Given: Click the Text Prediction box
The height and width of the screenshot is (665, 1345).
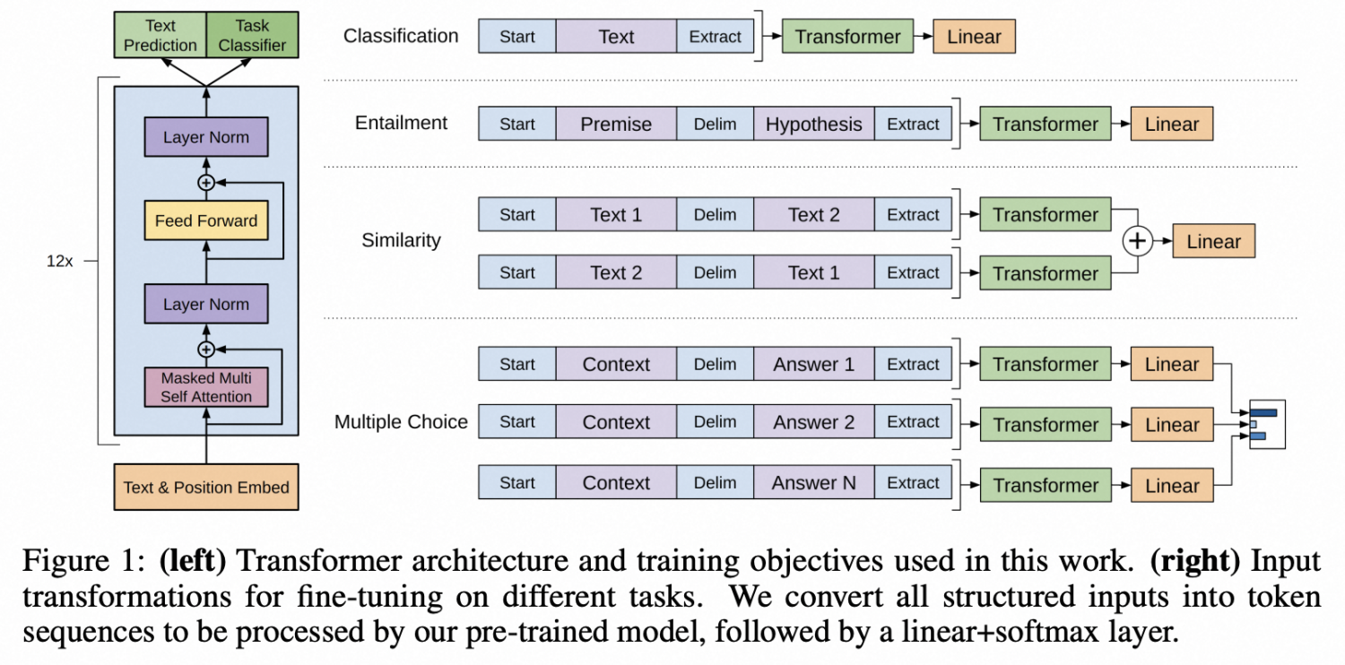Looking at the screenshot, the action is [x=161, y=35].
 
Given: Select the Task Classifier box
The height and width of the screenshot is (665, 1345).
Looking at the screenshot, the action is [x=252, y=35].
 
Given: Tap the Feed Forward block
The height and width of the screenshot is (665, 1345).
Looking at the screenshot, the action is [x=206, y=220].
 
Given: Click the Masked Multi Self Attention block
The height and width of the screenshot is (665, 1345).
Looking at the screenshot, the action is [x=206, y=387].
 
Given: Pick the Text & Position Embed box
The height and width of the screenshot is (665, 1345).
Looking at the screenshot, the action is [x=206, y=487].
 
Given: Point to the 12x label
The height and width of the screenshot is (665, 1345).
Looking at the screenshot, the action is [x=59, y=261].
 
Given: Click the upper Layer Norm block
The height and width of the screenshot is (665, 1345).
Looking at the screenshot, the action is [x=206, y=137].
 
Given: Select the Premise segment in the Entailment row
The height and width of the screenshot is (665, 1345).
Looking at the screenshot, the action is [x=616, y=124].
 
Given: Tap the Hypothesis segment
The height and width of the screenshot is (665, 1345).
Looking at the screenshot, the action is [x=813, y=124].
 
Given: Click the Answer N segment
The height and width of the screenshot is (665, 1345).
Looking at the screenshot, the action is [x=813, y=482].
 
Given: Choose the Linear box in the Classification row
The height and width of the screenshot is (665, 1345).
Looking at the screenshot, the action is [x=974, y=36].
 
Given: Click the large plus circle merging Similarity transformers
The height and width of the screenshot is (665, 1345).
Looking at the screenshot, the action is [x=1137, y=241].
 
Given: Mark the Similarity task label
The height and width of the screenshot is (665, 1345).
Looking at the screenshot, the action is [x=401, y=240].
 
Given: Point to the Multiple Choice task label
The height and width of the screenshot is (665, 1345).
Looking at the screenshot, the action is [x=401, y=422].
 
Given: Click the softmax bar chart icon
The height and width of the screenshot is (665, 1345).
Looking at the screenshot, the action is [x=1268, y=424].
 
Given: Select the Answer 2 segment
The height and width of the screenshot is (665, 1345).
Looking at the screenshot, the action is [x=813, y=422].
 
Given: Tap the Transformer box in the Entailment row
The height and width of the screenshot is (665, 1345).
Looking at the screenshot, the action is [x=1046, y=124].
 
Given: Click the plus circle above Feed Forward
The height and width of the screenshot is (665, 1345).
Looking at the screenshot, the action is [x=206, y=183].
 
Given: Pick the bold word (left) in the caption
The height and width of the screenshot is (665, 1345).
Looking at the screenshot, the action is [x=193, y=560].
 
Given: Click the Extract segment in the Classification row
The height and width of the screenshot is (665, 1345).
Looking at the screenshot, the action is [x=715, y=36].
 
